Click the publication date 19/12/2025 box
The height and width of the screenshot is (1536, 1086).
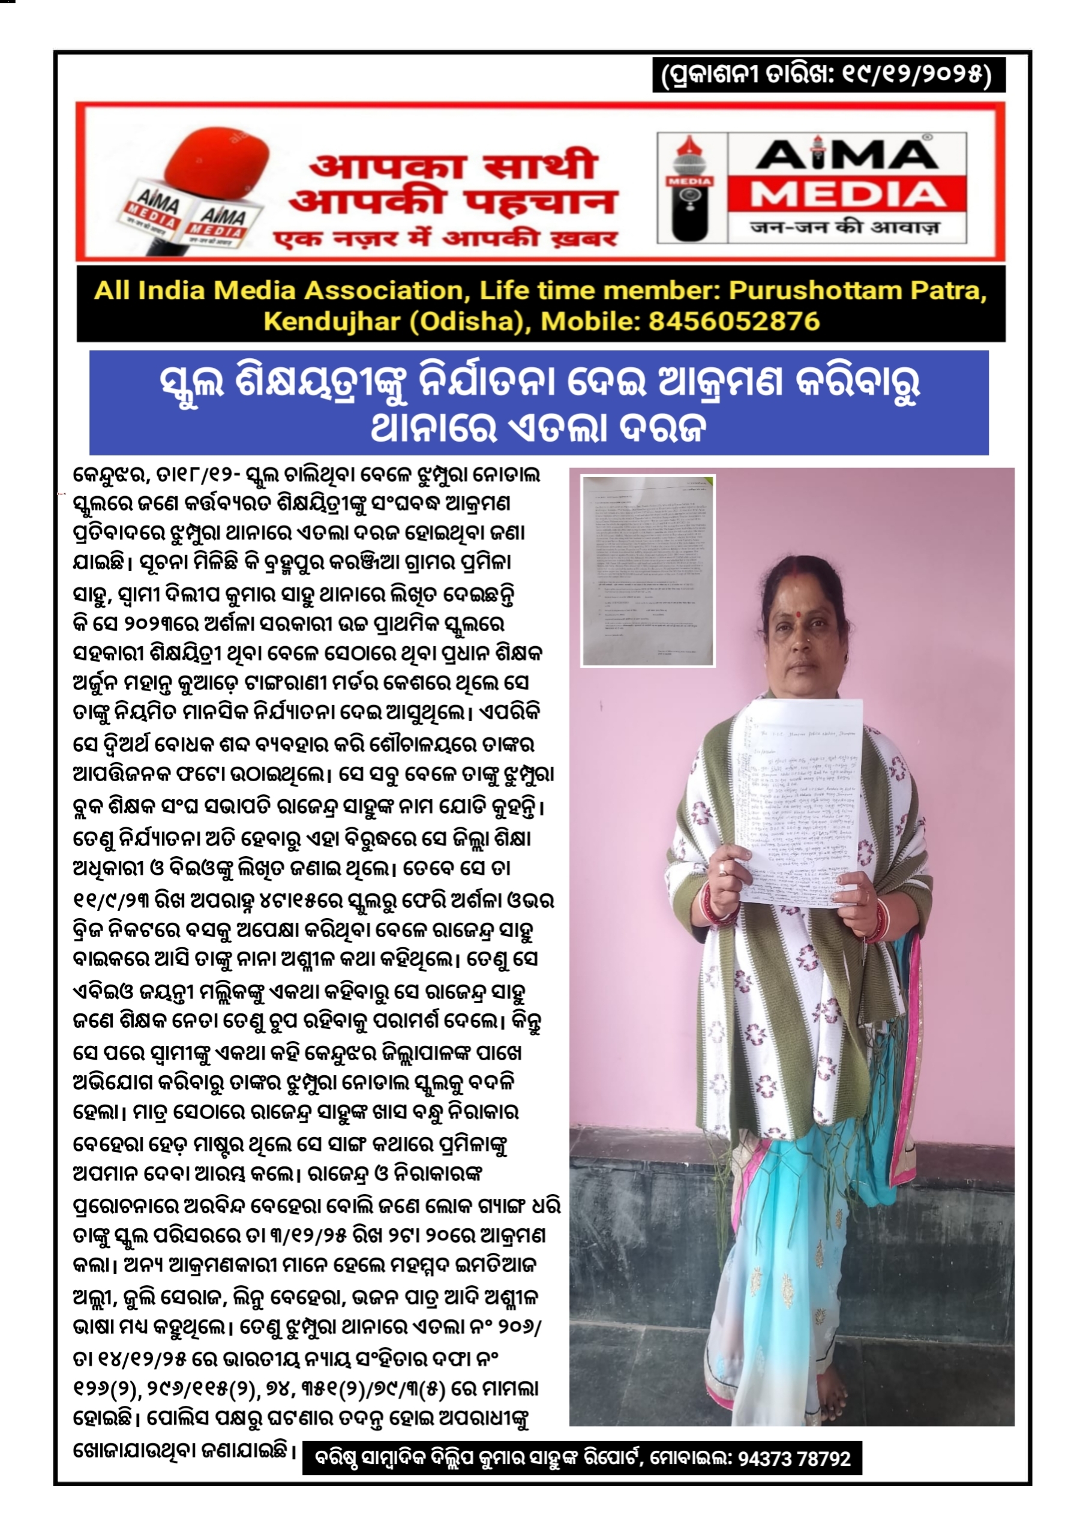coord(829,75)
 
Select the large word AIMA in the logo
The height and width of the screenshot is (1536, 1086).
coord(847,155)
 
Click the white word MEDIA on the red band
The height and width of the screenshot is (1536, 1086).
coord(847,194)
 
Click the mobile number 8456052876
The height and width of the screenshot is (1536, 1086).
coord(733,322)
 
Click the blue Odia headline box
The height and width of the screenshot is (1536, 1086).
coord(539,403)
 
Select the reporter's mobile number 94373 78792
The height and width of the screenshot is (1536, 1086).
coord(794,1459)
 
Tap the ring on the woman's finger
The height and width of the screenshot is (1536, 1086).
coord(722,868)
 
